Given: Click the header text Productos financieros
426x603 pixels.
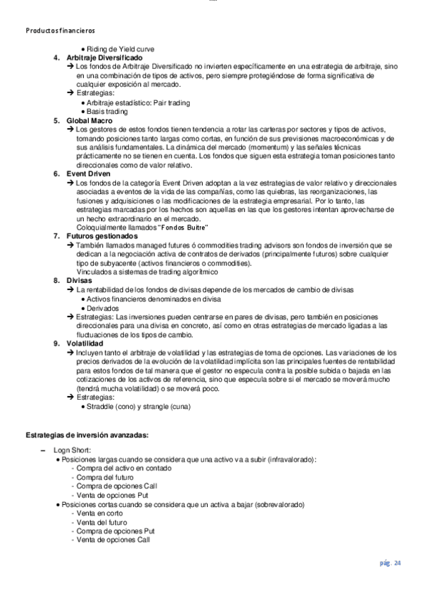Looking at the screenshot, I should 59,31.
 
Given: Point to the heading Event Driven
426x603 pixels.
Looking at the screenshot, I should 90,174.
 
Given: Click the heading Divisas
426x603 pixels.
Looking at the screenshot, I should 80,281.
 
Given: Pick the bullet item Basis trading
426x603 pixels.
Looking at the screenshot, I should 107,112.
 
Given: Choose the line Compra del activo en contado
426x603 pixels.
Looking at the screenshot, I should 121,469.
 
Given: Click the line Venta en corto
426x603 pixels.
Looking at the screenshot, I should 102,513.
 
